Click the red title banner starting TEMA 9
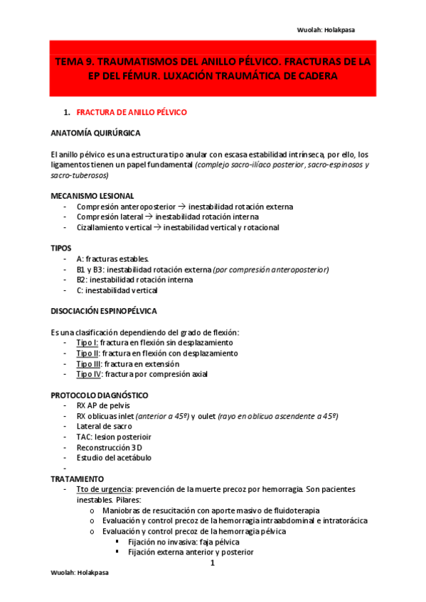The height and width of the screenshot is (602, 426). point(213,69)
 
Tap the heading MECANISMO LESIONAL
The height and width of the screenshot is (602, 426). point(92,195)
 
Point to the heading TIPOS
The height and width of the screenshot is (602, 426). point(61,248)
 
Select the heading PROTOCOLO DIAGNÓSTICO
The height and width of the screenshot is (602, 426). point(99,395)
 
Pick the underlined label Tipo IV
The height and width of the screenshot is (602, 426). point(89,374)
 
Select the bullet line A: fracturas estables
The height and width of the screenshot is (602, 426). point(112,259)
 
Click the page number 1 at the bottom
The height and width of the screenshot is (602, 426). point(212,564)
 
